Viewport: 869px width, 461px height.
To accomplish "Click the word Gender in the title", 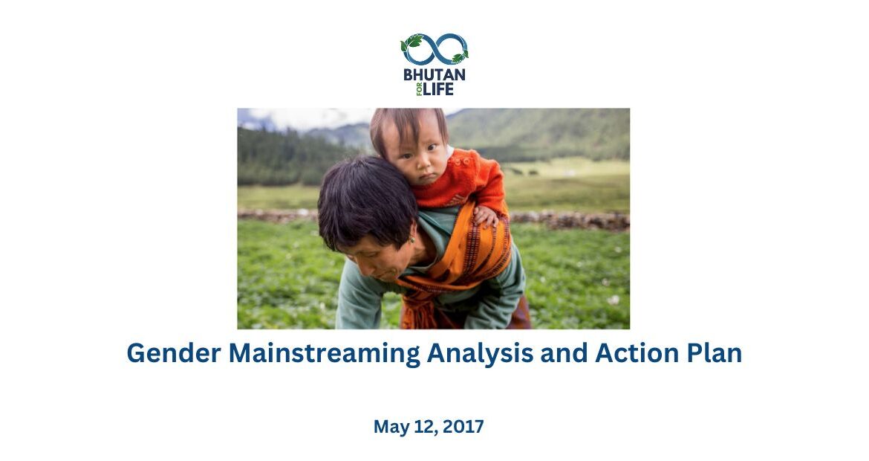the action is pyautogui.click(x=174, y=353).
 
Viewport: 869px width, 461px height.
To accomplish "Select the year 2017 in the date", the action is pyautogui.click(x=463, y=427).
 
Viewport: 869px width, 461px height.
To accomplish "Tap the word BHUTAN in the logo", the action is pyautogui.click(x=434, y=74).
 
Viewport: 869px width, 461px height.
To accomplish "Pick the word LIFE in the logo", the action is pyautogui.click(x=439, y=88).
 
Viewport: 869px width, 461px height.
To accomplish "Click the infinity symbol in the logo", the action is pyautogui.click(x=434, y=49).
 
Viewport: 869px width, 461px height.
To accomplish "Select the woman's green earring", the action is pyautogui.click(x=411, y=240).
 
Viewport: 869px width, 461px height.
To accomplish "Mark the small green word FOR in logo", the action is pyautogui.click(x=420, y=89).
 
